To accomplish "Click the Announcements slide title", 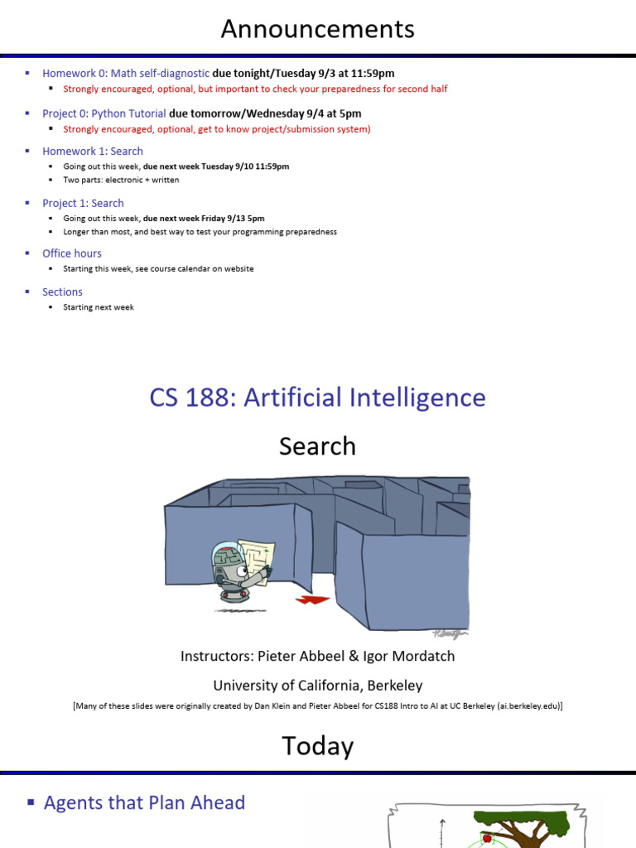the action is [x=317, y=30].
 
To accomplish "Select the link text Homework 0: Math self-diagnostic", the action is [x=126, y=73].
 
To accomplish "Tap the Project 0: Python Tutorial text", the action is [x=104, y=113].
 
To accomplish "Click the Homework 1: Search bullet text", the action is [x=93, y=151].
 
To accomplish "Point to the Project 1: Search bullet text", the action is [x=83, y=203].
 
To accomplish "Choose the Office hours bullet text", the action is [x=72, y=253].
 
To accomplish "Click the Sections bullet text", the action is [x=62, y=291].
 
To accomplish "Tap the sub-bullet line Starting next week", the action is [x=98, y=307].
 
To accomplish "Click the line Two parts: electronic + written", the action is [x=121, y=180].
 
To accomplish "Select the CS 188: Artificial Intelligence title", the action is [x=317, y=397].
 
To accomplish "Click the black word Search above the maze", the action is [x=317, y=446].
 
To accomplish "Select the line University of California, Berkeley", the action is [x=317, y=685].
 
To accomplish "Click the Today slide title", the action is [x=317, y=746].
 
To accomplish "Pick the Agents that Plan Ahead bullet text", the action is [x=144, y=802].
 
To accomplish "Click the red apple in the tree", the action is [x=487, y=838].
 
